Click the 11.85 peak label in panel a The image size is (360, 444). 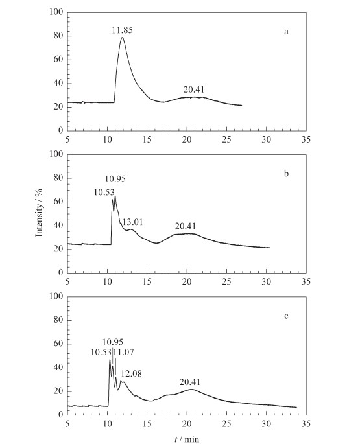click(122, 30)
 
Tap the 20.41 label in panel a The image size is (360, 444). click(193, 89)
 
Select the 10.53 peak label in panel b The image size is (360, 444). click(104, 193)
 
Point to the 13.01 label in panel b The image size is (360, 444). click(132, 222)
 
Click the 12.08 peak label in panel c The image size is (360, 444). click(131, 374)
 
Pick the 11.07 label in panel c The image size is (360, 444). click(124, 353)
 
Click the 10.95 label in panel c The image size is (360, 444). click(113, 342)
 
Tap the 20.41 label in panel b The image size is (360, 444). click(186, 226)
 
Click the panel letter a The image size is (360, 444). click(286, 32)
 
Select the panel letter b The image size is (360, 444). click(286, 173)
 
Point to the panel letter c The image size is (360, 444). click(286, 316)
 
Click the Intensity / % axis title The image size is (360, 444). click(39, 212)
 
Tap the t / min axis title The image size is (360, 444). click(187, 439)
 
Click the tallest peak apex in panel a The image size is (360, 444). click(122, 38)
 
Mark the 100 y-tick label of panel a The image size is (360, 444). click(56, 12)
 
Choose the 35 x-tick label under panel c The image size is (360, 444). click(306, 424)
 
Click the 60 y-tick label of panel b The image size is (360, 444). click(58, 202)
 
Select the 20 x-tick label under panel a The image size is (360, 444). click(187, 139)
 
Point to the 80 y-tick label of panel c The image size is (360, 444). click(58, 320)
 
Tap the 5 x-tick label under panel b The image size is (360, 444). click(67, 281)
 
